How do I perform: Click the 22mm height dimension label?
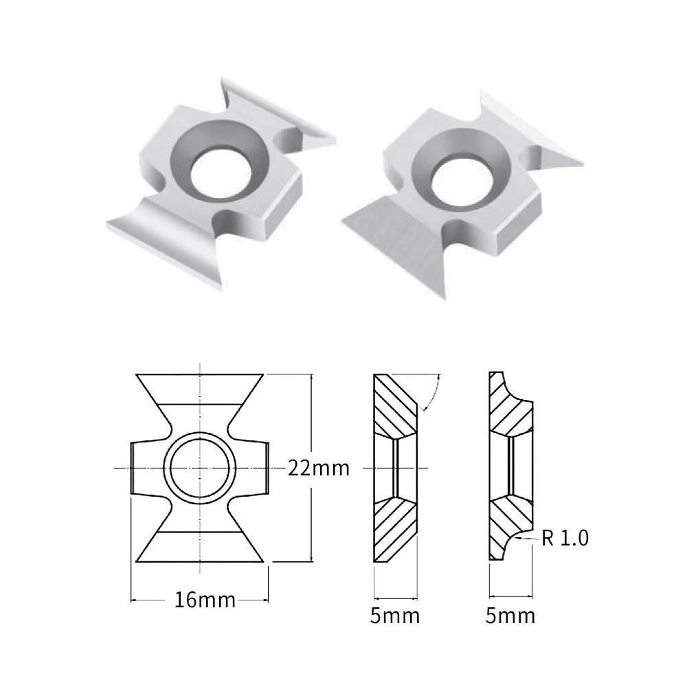[x=319, y=469]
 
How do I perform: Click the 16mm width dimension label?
[x=205, y=600]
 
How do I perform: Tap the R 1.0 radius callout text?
[x=565, y=538]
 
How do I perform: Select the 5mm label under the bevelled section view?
[x=395, y=616]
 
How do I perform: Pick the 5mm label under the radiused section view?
[x=510, y=616]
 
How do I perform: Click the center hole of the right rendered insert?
[x=462, y=181]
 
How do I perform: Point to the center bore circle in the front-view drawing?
[x=200, y=469]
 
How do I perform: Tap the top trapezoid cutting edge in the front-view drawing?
[x=200, y=389]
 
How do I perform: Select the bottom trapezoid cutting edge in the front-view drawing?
[x=200, y=547]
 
